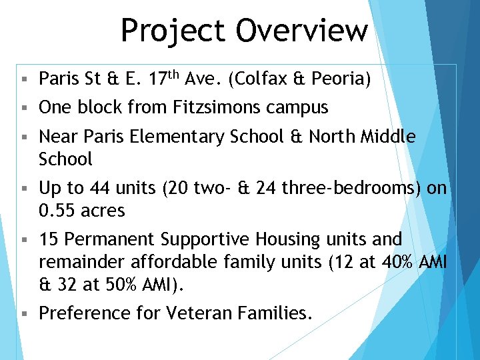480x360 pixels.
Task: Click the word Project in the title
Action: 172,31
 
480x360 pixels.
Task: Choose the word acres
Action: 103,211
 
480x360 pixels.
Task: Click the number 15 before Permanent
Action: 49,239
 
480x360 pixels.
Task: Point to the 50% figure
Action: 119,285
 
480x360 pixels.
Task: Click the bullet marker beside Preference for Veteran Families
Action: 23,313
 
